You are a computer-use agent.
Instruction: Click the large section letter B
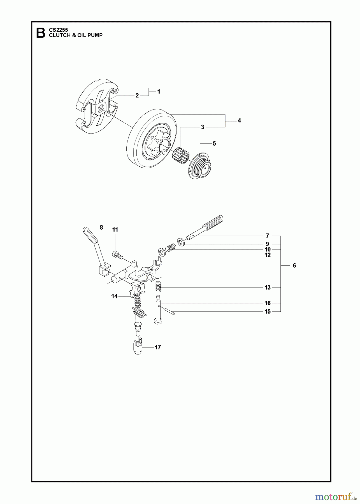click(41, 33)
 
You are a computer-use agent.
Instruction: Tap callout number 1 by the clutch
click(159, 92)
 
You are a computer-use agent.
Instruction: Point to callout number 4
click(239, 120)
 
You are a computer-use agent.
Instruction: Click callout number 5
click(214, 143)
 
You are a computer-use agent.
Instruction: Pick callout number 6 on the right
click(294, 265)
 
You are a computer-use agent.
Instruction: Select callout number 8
click(101, 227)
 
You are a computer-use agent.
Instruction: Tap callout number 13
click(268, 288)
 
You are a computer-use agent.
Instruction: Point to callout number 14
click(114, 296)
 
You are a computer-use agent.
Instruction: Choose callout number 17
click(158, 347)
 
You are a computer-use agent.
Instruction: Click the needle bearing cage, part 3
click(181, 154)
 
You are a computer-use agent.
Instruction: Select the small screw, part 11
click(118, 255)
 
